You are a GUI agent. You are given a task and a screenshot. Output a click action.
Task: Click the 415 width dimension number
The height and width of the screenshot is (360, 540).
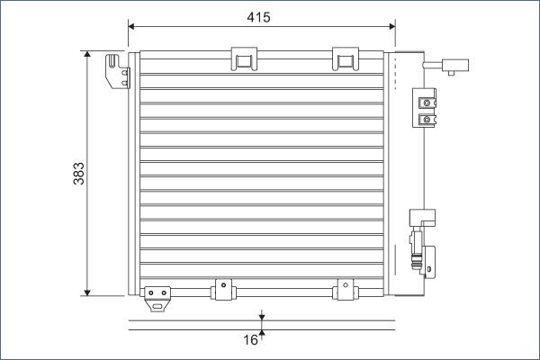point(258,17)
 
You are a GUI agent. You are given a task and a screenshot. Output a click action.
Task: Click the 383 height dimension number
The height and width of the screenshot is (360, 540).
point(79,174)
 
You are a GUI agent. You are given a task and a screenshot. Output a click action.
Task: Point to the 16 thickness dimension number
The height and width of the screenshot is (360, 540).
point(250,340)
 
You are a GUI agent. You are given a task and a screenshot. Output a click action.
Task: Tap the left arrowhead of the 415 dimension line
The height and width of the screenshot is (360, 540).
point(131,26)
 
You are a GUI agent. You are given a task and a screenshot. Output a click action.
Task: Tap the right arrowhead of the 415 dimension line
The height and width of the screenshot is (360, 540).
point(391,26)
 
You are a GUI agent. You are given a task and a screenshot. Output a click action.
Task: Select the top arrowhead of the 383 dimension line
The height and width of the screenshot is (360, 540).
point(87,54)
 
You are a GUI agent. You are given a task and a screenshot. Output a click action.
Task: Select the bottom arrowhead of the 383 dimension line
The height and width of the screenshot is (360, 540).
point(87,292)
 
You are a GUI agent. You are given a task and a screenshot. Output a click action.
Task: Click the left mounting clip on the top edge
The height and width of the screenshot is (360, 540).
point(244,58)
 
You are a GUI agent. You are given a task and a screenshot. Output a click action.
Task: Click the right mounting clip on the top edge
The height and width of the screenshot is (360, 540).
point(346,58)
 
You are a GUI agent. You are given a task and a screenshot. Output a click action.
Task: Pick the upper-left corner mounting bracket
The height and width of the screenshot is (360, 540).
point(118,71)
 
